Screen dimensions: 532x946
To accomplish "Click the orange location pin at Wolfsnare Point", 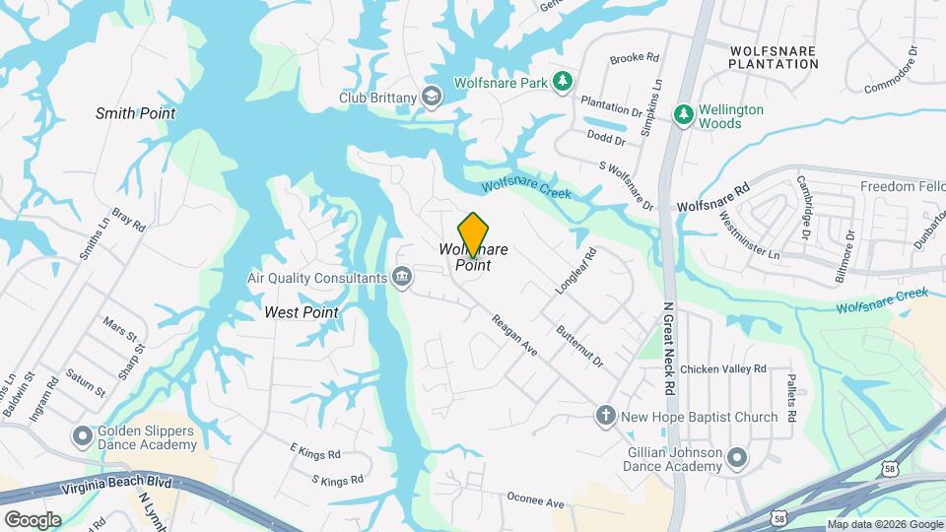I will coord(474,233).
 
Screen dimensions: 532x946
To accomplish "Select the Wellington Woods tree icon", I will coord(683,115).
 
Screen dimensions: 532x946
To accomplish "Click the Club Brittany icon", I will coord(431,97).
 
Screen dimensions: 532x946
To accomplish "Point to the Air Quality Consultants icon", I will coord(402,278).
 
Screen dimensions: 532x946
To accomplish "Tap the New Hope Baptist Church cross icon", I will coord(606,416).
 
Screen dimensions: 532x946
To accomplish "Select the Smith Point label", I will coord(135,113).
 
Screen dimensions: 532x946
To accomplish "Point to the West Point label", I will coord(301,312).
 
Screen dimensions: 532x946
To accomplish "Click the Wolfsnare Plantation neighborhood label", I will coord(774,55).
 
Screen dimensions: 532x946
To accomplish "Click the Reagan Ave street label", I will coord(514,335).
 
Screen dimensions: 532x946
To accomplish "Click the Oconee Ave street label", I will coord(535,502).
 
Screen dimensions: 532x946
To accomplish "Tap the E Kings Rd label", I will coord(314,454).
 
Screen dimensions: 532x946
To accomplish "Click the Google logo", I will coord(33,519).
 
